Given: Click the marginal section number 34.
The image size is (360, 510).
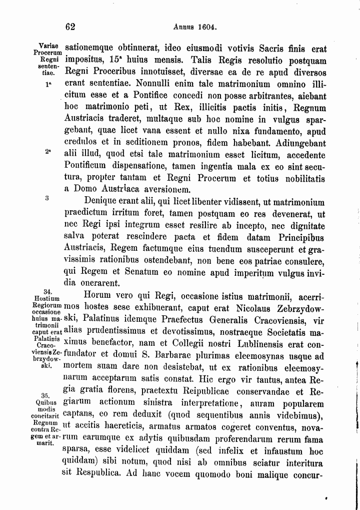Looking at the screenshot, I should [x=48, y=291].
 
